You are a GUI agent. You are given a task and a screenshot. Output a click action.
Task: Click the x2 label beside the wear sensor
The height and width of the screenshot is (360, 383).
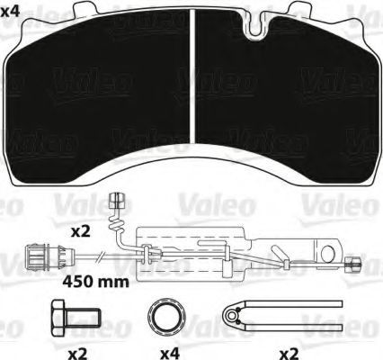pyautogui.click(x=82, y=231)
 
